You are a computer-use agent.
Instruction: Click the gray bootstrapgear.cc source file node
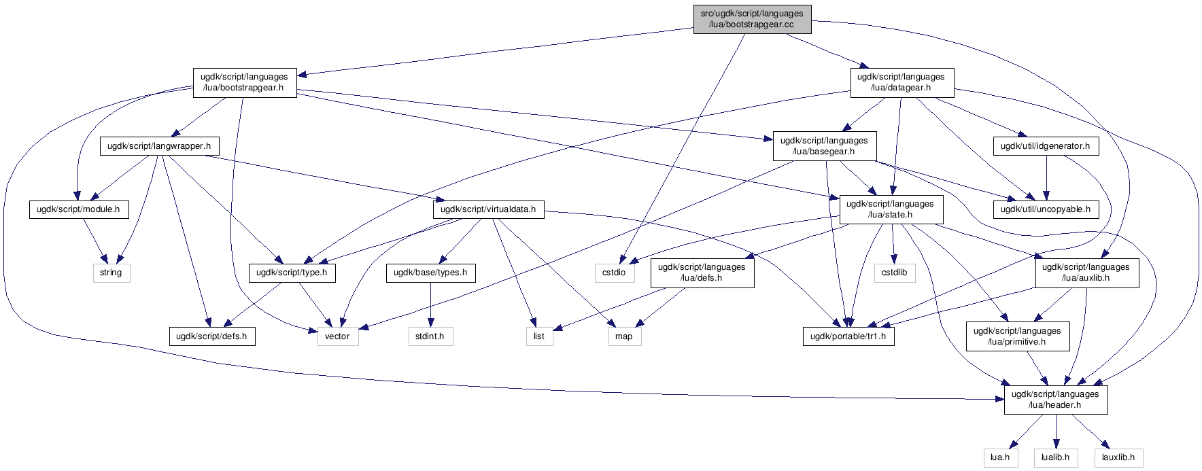tap(752, 19)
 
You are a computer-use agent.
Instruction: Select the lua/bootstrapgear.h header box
tap(244, 82)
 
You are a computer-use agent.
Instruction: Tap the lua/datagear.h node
tap(901, 82)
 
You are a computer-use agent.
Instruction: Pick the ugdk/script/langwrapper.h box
tap(159, 146)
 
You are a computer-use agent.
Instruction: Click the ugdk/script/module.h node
tap(78, 209)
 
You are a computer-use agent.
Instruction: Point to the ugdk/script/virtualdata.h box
tap(487, 209)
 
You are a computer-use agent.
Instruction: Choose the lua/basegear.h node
tap(824, 146)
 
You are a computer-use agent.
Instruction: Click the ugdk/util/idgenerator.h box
tap(1045, 146)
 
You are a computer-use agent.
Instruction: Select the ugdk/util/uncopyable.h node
tap(1045, 209)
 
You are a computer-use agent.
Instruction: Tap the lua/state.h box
tap(891, 209)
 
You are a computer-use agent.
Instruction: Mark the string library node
tap(111, 273)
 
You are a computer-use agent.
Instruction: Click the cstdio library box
tap(613, 273)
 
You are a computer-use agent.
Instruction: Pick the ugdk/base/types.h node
tap(430, 273)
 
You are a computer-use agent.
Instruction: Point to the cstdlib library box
tap(895, 273)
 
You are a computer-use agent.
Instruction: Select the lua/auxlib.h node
tap(1086, 273)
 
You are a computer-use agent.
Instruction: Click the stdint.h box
tap(430, 336)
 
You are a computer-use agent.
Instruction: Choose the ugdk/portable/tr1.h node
tap(848, 336)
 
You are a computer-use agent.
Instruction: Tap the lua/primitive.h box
tap(1017, 336)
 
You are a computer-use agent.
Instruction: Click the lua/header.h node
tap(1055, 400)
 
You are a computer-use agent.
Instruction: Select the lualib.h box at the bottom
tap(1055, 457)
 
